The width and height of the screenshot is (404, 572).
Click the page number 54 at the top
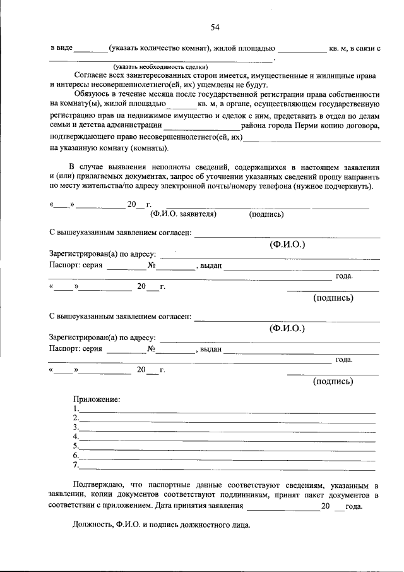[215, 27]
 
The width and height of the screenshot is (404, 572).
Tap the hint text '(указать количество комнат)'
[159, 48]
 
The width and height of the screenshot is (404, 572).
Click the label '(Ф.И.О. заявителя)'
[183, 214]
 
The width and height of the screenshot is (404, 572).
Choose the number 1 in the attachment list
[75, 409]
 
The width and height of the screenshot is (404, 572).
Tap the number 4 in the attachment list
[75, 437]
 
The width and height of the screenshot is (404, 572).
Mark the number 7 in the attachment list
[75, 466]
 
